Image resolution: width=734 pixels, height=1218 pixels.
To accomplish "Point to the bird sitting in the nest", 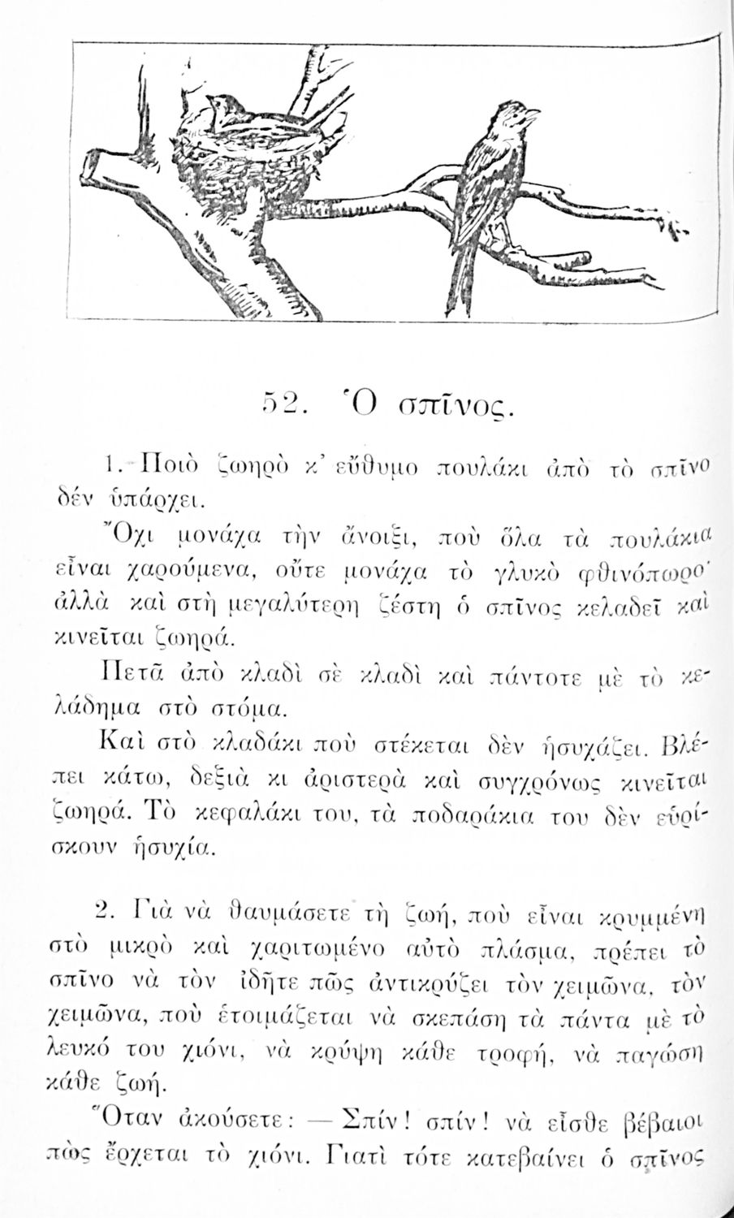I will (x=225, y=111).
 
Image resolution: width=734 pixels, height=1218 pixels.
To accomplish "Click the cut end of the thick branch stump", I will (x=99, y=166).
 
